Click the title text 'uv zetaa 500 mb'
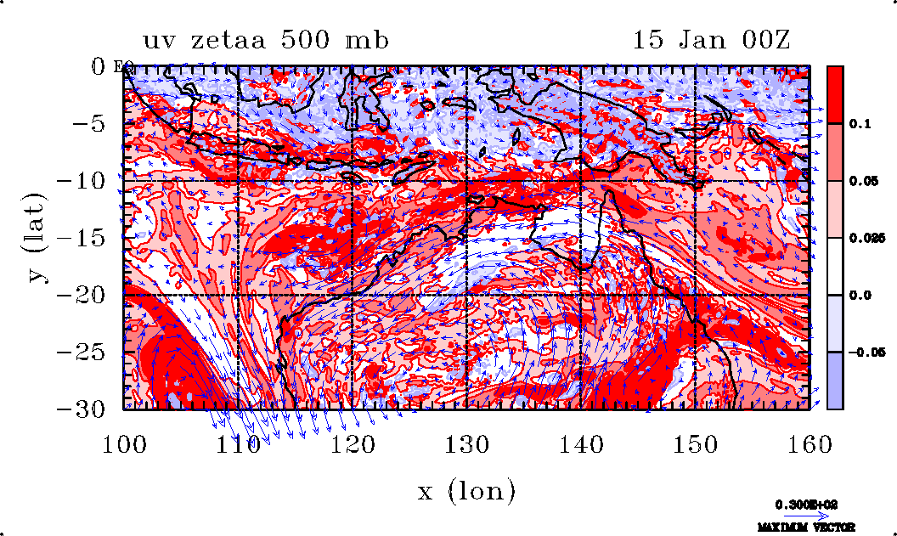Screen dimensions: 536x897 (x=266, y=40)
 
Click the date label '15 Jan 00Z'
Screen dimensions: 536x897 (x=711, y=40)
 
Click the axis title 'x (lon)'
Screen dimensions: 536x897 (x=466, y=490)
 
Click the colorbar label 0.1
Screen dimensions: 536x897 (x=859, y=124)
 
